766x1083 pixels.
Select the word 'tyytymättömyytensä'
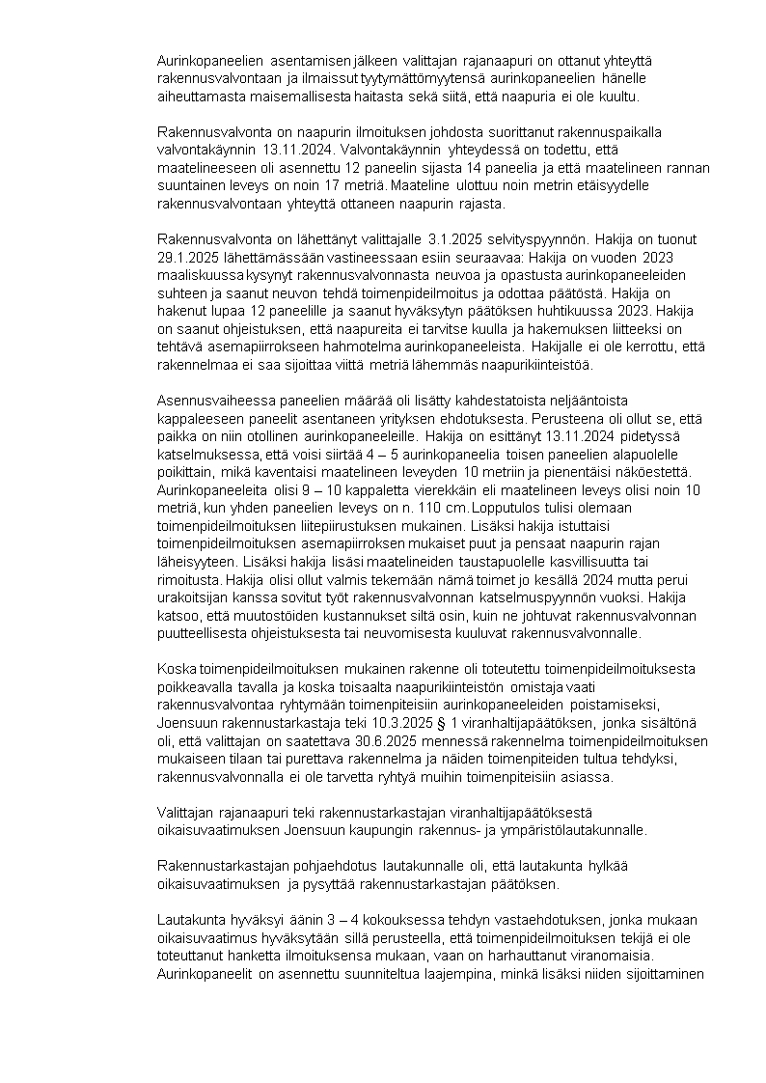pos(419,79)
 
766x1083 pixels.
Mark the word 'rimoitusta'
pos(189,580)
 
